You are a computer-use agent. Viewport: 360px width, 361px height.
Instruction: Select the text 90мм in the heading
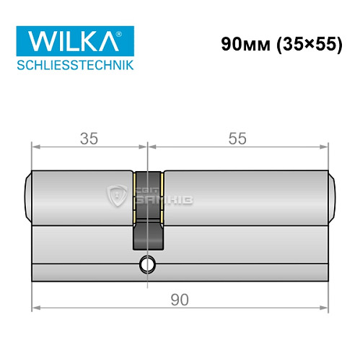(242, 44)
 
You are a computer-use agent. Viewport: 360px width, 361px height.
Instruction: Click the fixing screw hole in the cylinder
(147, 264)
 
